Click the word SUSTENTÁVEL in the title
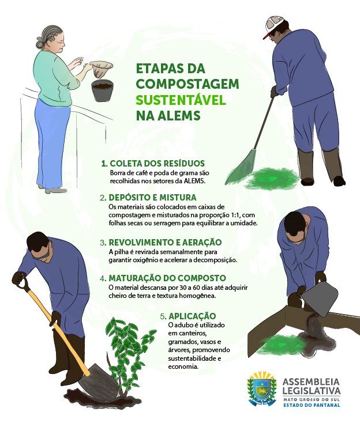181,100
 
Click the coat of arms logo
262,388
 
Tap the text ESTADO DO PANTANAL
312,405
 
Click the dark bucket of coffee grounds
102,90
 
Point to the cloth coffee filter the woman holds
100,69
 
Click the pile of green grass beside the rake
271,177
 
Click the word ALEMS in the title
179,116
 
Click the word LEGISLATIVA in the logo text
312,391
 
